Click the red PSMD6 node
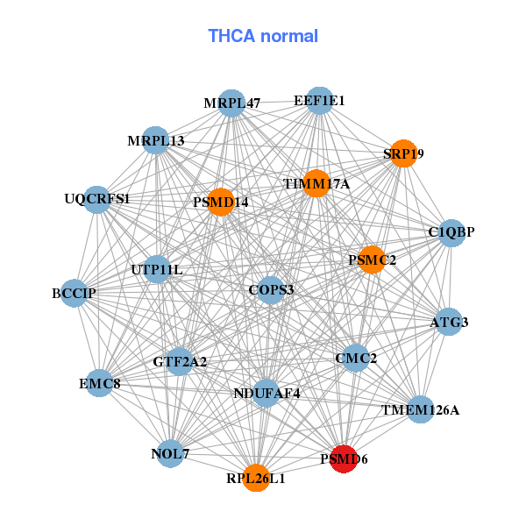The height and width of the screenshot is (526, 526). [344, 458]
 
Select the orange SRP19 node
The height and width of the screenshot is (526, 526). [403, 153]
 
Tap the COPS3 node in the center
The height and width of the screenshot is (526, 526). [271, 290]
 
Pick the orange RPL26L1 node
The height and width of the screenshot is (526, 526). [256, 478]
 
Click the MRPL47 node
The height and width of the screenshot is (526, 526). [231, 103]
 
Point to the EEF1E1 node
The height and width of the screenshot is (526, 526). [320, 101]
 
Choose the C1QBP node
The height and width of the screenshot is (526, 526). [451, 233]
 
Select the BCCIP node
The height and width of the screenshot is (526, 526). [75, 293]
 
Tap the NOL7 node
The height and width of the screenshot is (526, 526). [170, 453]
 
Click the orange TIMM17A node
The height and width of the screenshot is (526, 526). [316, 183]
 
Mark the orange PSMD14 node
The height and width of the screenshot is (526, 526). [221, 202]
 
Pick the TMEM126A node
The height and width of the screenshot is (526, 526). [420, 409]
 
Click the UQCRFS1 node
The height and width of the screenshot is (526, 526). [96, 200]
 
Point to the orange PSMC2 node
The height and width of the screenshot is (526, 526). [372, 259]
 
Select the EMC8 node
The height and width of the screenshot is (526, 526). [100, 383]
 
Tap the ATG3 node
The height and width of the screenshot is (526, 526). [449, 322]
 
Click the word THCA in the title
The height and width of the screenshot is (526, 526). [231, 36]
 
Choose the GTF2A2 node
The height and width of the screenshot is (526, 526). [180, 361]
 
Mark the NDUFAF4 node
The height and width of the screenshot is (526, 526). [267, 393]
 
